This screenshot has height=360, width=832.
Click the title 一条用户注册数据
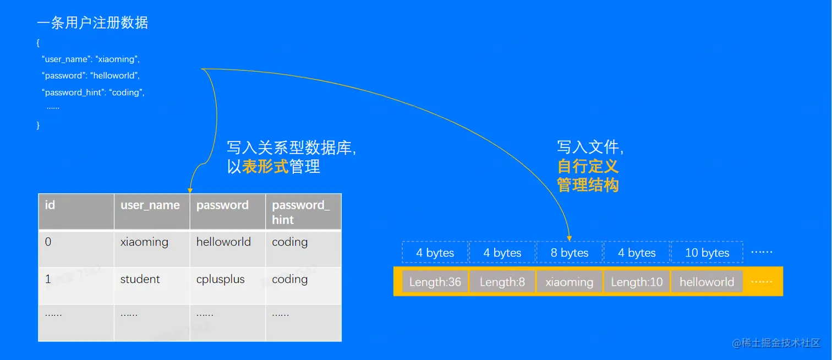(92, 23)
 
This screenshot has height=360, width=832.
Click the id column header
(50, 205)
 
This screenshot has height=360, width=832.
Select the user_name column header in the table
(150, 205)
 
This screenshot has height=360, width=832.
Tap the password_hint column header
(301, 212)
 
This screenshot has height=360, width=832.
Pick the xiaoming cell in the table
(144, 242)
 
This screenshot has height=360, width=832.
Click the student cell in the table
(140, 279)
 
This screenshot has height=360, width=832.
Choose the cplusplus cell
(220, 279)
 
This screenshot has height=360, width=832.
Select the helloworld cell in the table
(223, 242)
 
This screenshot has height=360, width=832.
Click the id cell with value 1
(48, 279)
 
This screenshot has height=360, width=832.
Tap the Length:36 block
(435, 282)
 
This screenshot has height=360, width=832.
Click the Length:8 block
(502, 282)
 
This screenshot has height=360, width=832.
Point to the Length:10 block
(637, 282)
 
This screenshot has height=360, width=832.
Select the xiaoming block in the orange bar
(570, 282)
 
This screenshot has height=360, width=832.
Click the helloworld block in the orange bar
(707, 282)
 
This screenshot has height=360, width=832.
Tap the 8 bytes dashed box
(570, 253)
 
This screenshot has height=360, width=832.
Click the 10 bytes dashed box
(707, 253)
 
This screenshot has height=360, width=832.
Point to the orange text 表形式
(265, 166)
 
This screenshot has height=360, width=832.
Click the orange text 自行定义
(588, 166)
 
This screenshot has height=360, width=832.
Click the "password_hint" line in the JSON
(93, 92)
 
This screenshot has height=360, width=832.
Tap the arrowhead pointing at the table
(190, 188)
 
